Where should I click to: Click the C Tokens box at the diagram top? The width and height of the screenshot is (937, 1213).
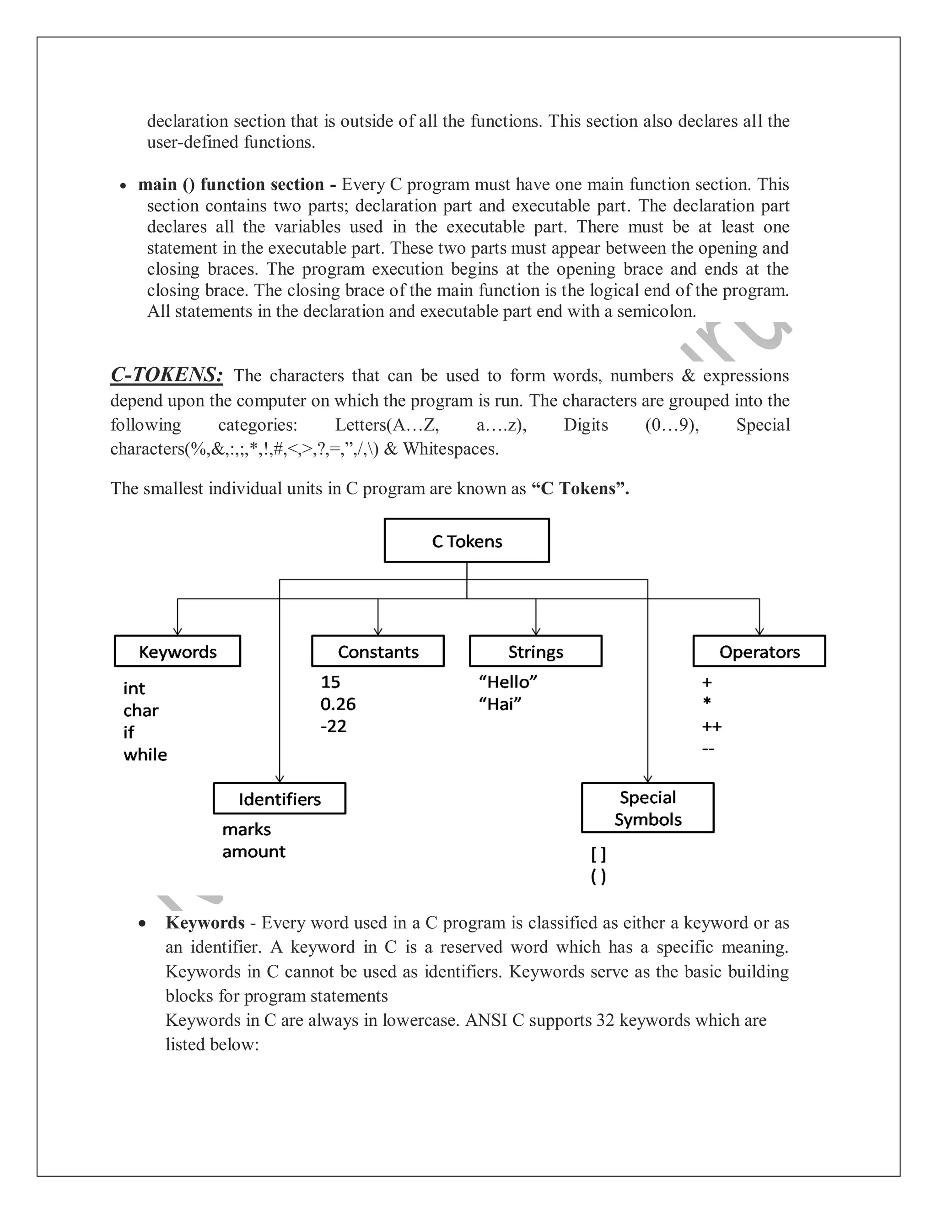(466, 541)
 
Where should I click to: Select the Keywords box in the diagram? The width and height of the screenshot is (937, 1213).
(177, 651)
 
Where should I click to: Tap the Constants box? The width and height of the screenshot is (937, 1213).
(377, 651)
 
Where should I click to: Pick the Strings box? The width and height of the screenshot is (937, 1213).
(535, 651)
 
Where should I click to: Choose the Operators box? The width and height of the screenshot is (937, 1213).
(759, 651)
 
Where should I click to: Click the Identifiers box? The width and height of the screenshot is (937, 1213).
(279, 799)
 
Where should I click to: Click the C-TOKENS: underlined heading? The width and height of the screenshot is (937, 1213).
(167, 375)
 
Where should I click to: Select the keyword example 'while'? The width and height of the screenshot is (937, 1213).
(145, 754)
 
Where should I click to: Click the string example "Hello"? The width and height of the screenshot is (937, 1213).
(507, 682)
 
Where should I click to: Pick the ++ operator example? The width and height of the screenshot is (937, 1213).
(711, 726)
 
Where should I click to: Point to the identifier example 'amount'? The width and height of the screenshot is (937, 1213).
(253, 851)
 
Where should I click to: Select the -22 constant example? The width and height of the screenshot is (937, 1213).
(333, 726)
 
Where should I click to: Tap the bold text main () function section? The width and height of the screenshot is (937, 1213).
(231, 184)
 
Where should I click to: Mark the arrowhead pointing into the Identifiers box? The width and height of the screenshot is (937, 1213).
(280, 779)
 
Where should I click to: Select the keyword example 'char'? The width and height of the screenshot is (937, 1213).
(140, 710)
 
